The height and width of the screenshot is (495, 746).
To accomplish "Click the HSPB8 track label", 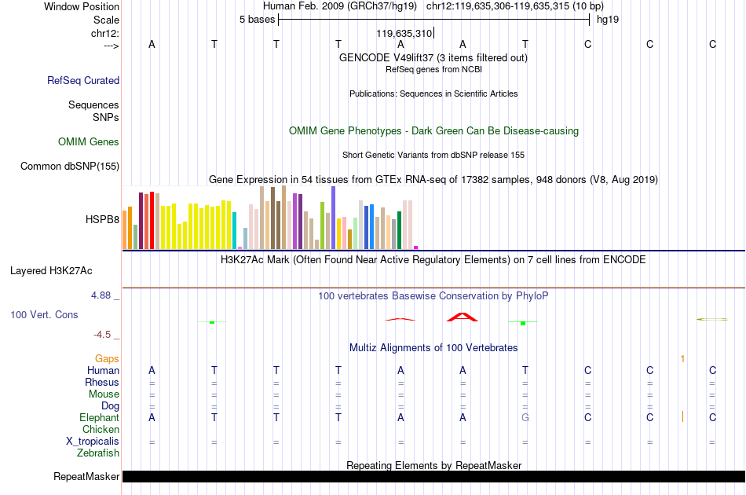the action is (102, 219).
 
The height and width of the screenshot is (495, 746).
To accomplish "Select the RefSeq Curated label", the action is (83, 80).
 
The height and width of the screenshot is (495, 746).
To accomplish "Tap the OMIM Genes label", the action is (89, 142).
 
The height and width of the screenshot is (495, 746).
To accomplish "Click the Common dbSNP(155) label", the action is (70, 166).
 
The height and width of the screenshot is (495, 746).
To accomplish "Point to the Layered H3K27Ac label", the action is (51, 271).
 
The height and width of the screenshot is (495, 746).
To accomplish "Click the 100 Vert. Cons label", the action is (44, 314).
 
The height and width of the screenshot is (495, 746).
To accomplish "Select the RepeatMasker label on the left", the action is (86, 476).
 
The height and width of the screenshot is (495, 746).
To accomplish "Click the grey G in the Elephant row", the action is (525, 417).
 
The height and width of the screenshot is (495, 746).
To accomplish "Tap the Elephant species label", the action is (100, 417).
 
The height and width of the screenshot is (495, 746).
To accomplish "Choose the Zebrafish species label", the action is (98, 453).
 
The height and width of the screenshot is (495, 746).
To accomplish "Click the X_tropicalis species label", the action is (93, 442).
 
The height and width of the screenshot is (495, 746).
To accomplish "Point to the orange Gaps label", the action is (107, 358).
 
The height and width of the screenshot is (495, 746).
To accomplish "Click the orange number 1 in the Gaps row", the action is (682, 359).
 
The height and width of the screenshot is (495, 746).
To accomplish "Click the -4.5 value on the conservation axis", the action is (102, 335).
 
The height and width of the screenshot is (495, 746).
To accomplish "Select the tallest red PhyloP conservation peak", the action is (462, 317).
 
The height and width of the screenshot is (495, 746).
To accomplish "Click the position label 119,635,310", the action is (404, 33).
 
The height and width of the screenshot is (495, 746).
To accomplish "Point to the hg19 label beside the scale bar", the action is (608, 20).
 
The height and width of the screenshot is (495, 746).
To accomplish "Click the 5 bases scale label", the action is (257, 20).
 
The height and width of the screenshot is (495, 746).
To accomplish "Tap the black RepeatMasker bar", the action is (434, 476).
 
